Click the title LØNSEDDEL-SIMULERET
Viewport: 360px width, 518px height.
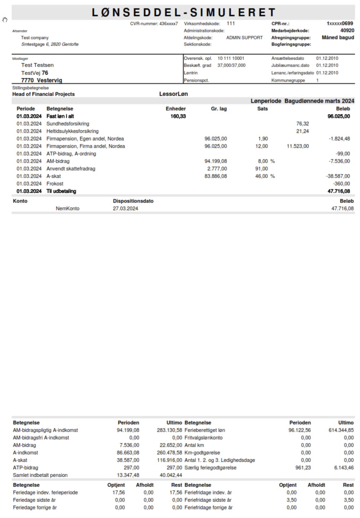(184, 12)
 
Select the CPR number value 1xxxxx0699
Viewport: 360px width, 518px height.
(340, 23)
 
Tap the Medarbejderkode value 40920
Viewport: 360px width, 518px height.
(347, 31)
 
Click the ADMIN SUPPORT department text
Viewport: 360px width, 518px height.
(244, 38)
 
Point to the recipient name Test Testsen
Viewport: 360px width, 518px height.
(37, 65)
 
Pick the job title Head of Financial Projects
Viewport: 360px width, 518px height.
(43, 94)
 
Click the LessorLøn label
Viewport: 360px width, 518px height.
(173, 94)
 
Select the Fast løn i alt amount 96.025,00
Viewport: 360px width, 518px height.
(338, 116)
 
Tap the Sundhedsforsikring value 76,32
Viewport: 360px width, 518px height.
(302, 124)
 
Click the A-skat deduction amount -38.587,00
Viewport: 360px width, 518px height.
(338, 176)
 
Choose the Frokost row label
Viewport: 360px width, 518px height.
(55, 184)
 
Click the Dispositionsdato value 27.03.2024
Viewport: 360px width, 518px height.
(125, 208)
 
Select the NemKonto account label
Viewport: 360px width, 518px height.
(67, 208)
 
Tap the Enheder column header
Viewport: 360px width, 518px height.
(175, 109)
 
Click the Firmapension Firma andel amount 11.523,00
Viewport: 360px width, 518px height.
(298, 146)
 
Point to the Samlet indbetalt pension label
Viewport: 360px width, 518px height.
(40, 475)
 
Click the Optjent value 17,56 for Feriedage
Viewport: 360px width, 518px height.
(119, 492)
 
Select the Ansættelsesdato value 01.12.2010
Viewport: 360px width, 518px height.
(327, 58)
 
